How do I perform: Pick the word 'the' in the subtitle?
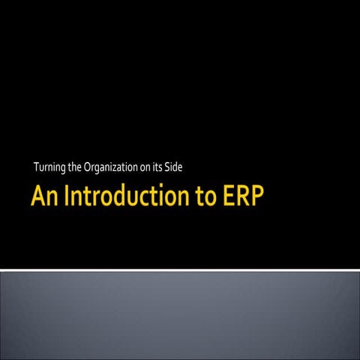(x=74, y=166)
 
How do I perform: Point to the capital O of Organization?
(x=88, y=166)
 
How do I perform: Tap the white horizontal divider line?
(x=180, y=269)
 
